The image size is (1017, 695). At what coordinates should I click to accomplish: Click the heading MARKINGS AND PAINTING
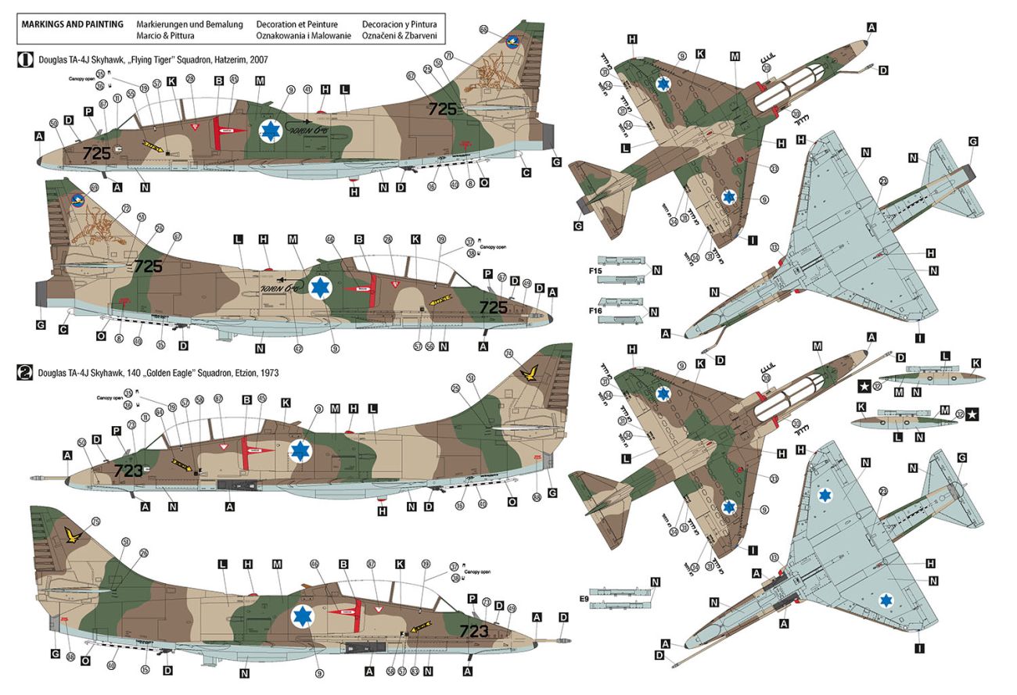[73, 24]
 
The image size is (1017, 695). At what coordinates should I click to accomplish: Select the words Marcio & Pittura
[165, 36]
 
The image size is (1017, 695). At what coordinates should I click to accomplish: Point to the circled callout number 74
[508, 353]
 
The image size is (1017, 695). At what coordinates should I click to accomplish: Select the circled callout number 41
[307, 90]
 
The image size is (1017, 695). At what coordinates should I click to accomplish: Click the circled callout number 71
[449, 56]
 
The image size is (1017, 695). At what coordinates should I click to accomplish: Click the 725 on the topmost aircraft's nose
[97, 153]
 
